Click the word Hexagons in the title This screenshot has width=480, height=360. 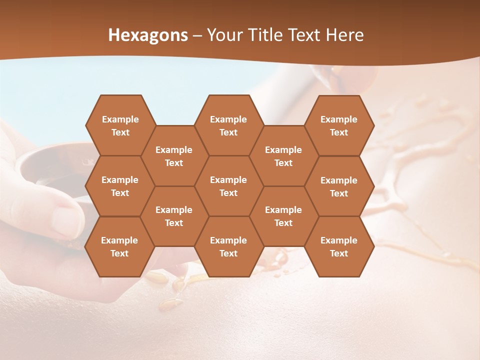[x=148, y=35]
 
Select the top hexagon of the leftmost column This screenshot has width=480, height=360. [x=120, y=125]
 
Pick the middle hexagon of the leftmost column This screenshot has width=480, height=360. [x=120, y=186]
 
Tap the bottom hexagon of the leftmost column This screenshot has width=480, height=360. [x=119, y=246]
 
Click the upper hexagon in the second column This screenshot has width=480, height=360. [x=174, y=156]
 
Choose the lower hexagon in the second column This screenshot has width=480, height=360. [x=174, y=216]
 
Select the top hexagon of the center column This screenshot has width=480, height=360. [x=228, y=125]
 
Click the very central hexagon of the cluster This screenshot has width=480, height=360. [x=228, y=186]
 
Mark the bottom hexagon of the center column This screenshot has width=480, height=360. [x=228, y=246]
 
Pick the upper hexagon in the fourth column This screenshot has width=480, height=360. [x=283, y=156]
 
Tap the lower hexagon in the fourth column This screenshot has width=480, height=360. [x=283, y=216]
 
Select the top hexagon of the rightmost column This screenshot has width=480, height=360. [x=339, y=125]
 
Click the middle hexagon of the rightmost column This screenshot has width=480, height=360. [x=339, y=186]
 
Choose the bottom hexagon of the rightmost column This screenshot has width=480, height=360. [x=339, y=246]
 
